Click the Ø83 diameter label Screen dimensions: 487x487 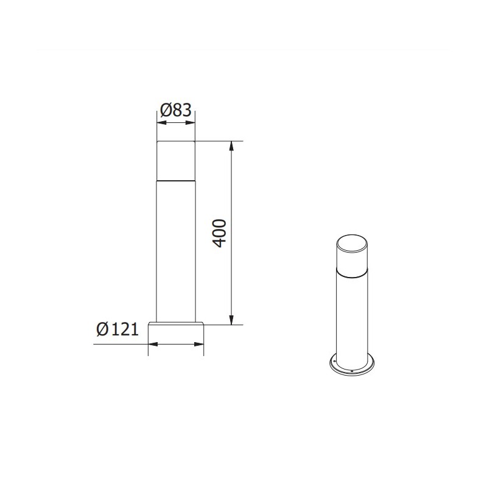[176, 110]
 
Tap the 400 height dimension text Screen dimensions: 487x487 [220, 233]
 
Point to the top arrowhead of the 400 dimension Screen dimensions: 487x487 [231, 145]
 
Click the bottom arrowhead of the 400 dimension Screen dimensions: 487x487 [231, 321]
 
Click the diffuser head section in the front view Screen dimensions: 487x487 [176, 161]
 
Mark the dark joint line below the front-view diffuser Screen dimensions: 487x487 [176, 180]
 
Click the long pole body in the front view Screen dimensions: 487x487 [176, 250]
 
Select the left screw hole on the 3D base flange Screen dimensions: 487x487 [333, 360]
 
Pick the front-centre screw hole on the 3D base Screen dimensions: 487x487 [352, 370]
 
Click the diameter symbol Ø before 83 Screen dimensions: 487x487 [166, 110]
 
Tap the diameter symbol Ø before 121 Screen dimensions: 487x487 [103, 329]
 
